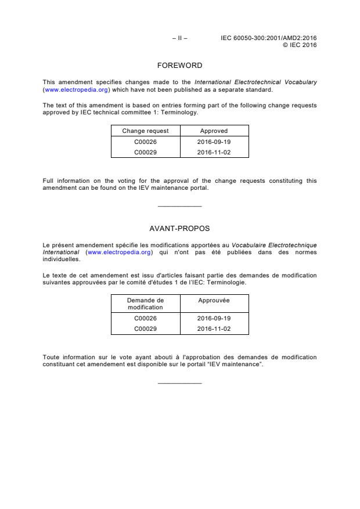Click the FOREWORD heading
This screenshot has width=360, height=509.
179,66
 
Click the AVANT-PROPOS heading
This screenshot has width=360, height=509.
179,229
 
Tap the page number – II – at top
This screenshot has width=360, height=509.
179,38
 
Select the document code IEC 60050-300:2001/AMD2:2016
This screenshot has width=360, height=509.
268,38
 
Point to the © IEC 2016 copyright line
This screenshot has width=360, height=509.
299,45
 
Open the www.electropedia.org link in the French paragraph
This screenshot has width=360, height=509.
120,252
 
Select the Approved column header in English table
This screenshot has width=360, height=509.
214,131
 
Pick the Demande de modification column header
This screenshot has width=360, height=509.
145,304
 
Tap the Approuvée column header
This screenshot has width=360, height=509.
214,300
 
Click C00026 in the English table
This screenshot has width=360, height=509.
145,142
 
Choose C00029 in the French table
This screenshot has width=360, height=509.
145,328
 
